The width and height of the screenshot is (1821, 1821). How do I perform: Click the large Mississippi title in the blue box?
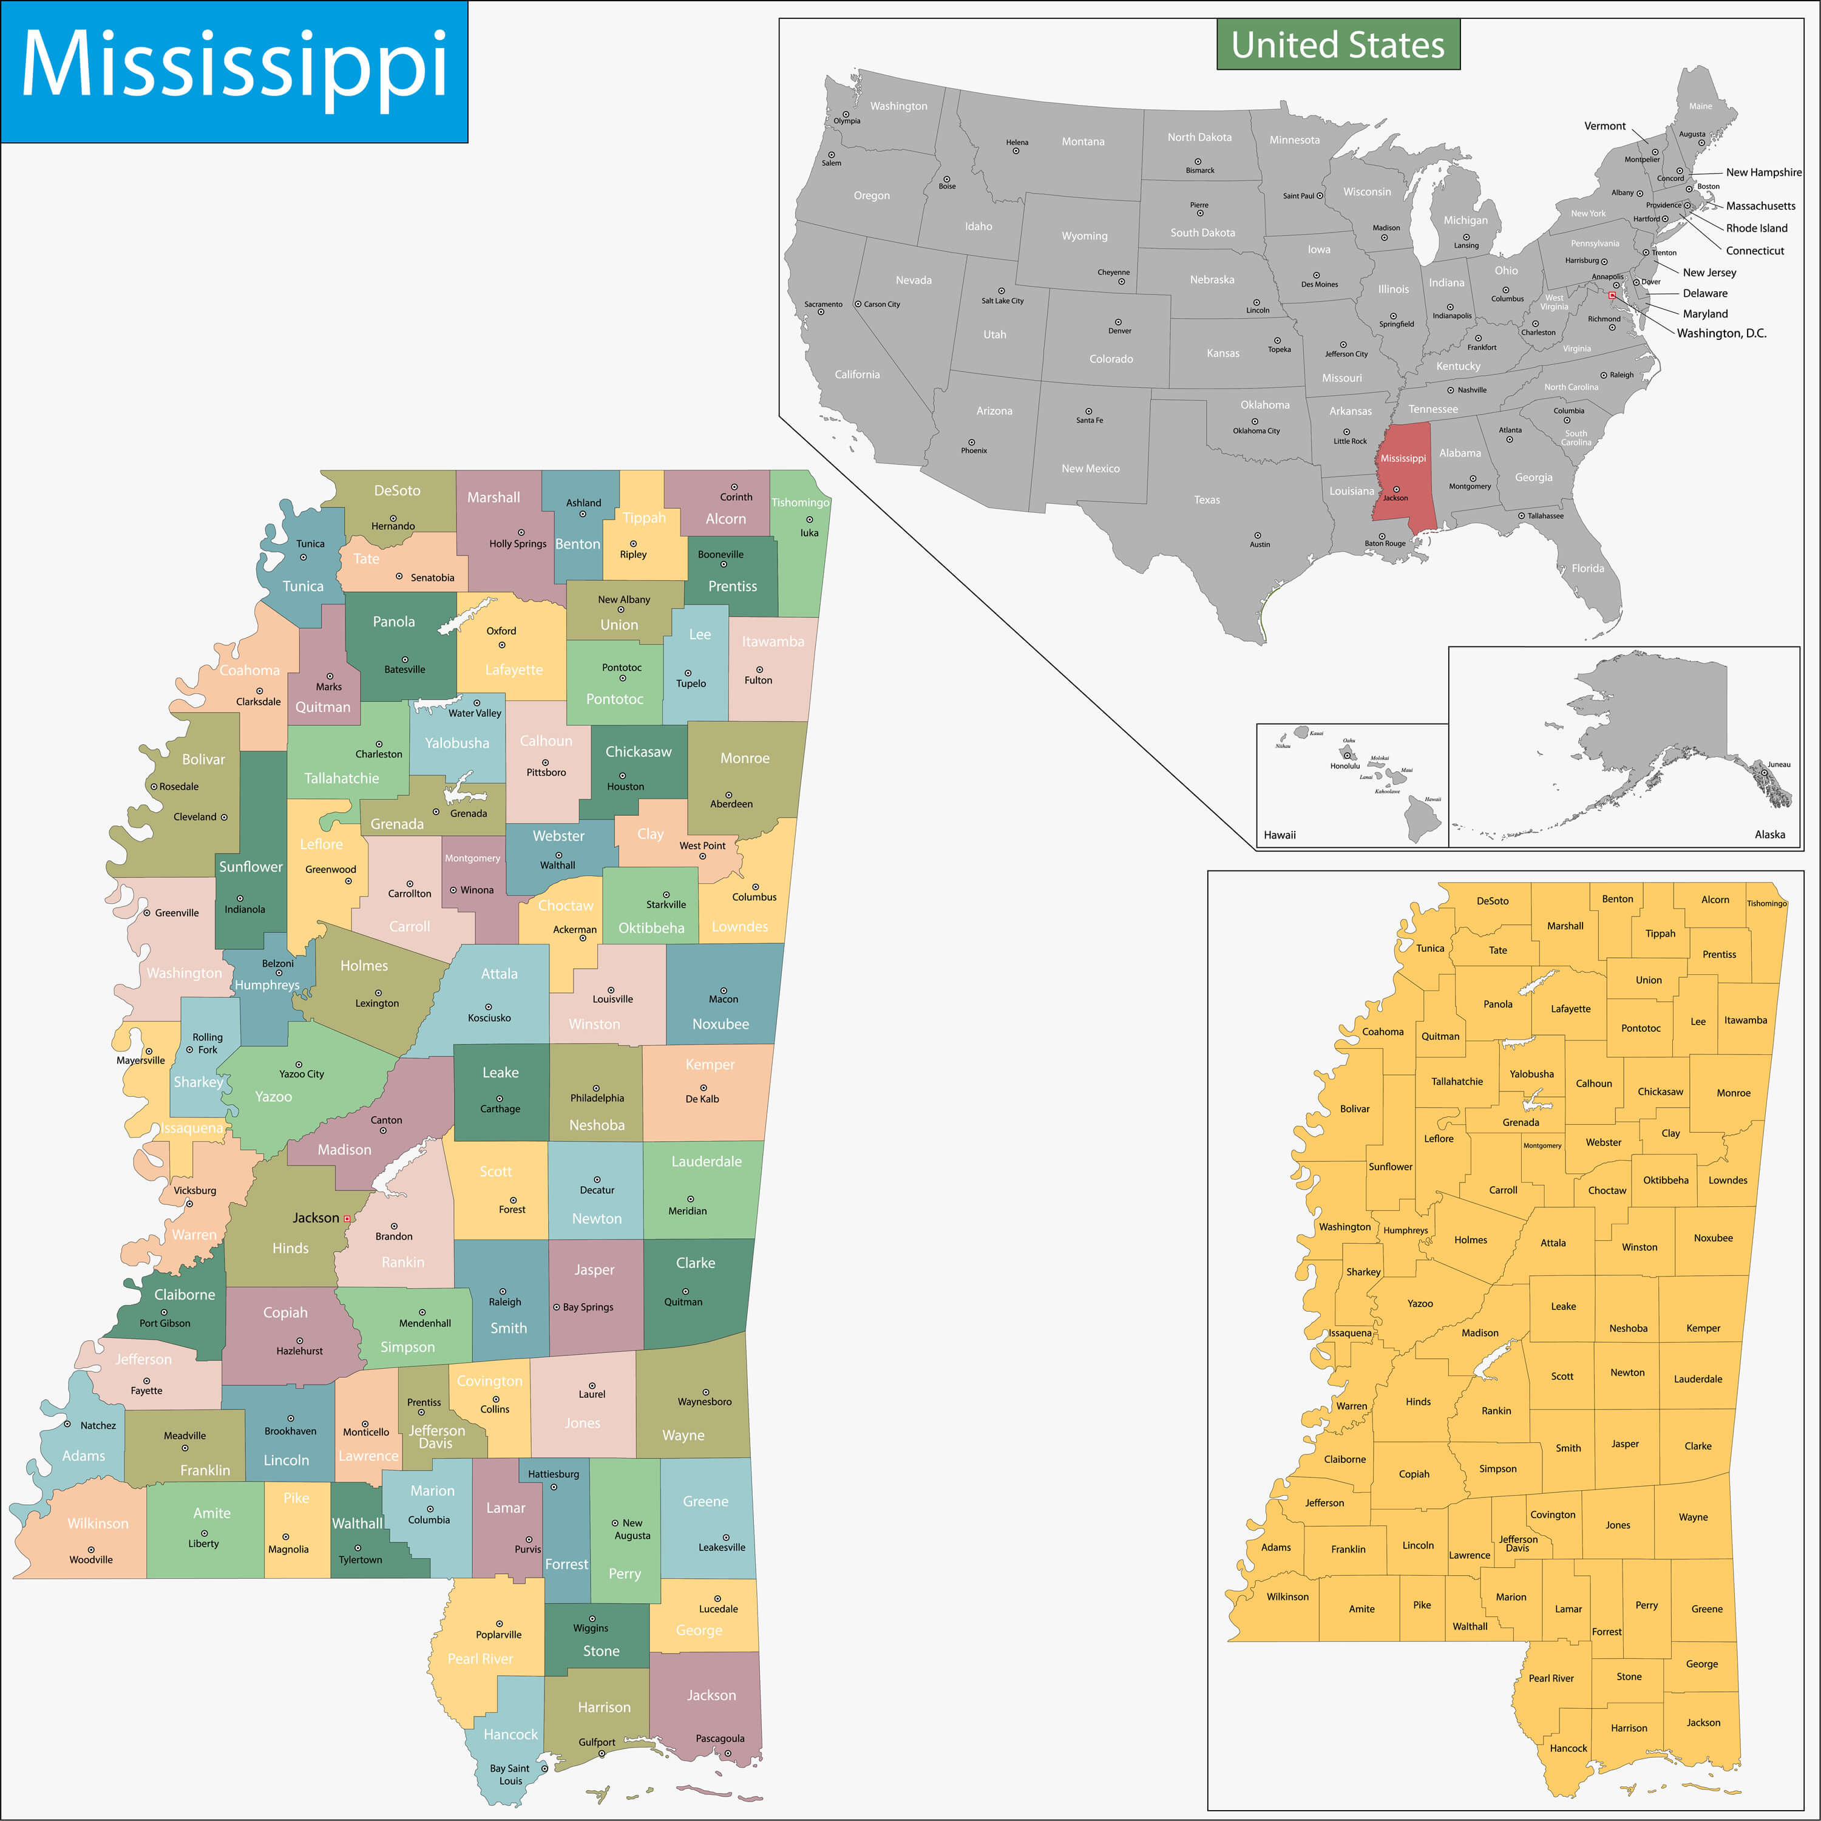(234, 66)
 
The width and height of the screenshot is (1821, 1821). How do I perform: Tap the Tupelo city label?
(691, 683)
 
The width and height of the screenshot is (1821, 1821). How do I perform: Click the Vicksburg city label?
(195, 1190)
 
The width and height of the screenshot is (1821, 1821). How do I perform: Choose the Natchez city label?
(98, 1425)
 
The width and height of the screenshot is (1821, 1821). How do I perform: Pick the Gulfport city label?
(597, 1742)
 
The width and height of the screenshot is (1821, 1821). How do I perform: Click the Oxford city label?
(501, 631)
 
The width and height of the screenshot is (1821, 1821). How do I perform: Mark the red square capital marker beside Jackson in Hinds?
(347, 1219)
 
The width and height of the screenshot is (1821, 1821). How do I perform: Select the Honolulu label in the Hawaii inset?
(1345, 765)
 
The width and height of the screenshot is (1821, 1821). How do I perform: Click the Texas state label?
(1207, 500)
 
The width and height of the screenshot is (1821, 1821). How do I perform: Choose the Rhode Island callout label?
(1756, 228)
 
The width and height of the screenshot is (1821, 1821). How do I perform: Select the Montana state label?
(1083, 141)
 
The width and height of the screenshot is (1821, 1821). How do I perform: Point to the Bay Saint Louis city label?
(510, 1775)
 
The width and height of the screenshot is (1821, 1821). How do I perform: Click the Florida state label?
(1587, 568)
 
